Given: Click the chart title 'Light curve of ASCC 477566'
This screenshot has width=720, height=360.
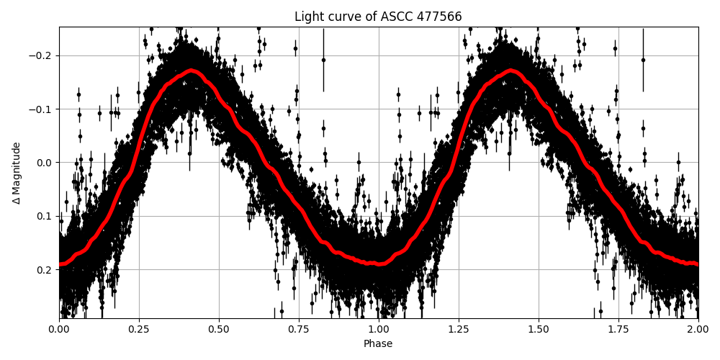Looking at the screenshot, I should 378,17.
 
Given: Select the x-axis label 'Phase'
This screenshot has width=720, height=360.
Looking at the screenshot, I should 378,344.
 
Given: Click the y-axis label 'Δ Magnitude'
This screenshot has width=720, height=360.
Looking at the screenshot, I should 16,173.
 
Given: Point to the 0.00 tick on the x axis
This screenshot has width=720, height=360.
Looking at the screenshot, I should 59,329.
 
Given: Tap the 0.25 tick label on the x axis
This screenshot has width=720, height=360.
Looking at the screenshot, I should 139,329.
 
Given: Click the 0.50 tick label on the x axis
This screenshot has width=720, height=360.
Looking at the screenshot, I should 219,329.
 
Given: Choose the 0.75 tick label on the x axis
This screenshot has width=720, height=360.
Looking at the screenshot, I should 299,329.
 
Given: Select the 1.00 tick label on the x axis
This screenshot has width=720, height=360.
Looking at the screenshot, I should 379,329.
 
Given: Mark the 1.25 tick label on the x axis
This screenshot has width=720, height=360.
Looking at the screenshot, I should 459,329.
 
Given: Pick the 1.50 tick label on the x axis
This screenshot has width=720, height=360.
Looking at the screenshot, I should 539,329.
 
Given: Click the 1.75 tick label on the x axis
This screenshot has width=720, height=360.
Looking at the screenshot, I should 618,329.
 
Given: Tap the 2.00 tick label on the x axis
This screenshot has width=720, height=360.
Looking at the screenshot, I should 698,329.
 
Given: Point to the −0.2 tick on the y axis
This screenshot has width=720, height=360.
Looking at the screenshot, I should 41,55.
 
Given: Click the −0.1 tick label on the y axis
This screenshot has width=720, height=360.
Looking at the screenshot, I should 41,109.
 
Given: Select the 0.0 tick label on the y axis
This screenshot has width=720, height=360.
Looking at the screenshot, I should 45,163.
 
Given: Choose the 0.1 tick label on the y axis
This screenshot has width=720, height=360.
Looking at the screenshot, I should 45,216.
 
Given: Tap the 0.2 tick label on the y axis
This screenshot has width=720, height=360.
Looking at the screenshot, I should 45,269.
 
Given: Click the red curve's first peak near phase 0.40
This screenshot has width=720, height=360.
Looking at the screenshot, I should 191,71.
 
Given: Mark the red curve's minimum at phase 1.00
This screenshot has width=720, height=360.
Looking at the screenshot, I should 379,264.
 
